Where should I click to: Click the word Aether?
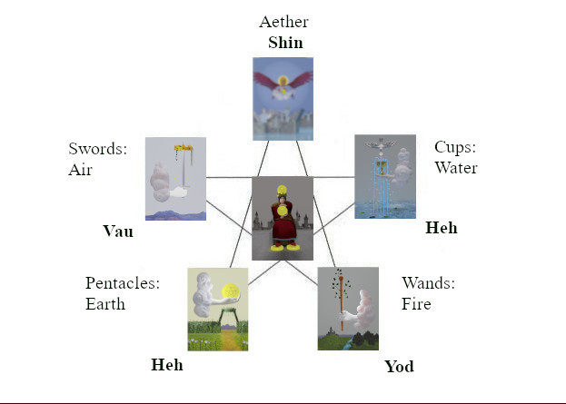pos(283,22)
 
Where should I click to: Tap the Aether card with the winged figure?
pos(283,97)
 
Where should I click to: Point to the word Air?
pos(80,169)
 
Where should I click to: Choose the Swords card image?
pos(175,179)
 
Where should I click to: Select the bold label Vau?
pos(118,232)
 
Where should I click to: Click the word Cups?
pos(455,147)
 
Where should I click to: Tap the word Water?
pos(455,168)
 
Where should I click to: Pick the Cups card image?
pos(384,176)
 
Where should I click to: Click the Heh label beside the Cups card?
pos(442,228)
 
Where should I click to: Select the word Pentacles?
pos(123,283)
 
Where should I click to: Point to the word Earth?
pos(105,304)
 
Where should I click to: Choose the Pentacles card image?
pos(217,309)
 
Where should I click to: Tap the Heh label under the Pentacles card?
pos(166,365)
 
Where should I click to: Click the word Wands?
pos(428,283)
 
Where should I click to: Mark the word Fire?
pos(417,304)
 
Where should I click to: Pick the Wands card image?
pos(348,309)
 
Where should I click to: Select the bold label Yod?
pos(399,367)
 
